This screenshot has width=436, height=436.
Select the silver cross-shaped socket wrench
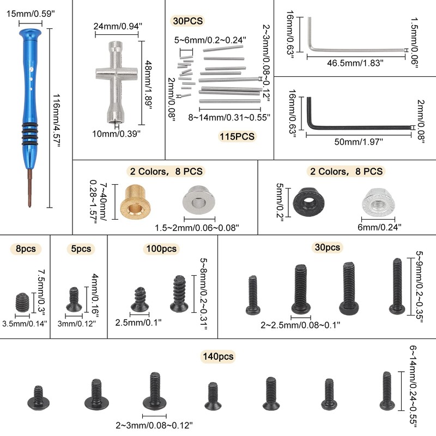[x=118, y=76]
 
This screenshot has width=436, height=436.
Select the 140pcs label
[x=218, y=357]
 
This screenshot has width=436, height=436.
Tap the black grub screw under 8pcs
[x=22, y=301]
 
